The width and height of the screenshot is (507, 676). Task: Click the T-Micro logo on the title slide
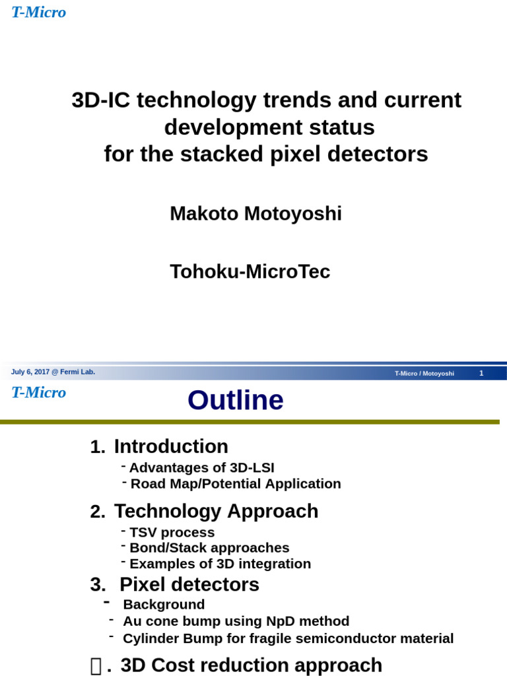pyautogui.click(x=38, y=12)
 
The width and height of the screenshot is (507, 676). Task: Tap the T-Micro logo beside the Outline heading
pyautogui.click(x=38, y=392)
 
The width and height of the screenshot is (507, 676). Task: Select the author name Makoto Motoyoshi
pyautogui.click(x=255, y=213)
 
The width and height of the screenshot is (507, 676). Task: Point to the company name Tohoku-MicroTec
pyautogui.click(x=250, y=271)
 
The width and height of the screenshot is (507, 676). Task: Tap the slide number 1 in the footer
pyautogui.click(x=481, y=373)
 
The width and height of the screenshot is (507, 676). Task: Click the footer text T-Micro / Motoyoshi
pyautogui.click(x=424, y=374)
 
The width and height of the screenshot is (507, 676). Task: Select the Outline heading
pyautogui.click(x=235, y=400)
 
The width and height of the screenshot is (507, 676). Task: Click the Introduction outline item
pyautogui.click(x=171, y=447)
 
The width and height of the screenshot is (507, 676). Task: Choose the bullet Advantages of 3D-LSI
pyautogui.click(x=201, y=467)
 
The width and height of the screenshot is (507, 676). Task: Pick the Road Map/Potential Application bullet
pyautogui.click(x=236, y=484)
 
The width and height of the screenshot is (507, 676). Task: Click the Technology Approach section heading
pyautogui.click(x=216, y=511)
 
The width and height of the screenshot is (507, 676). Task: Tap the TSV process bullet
pyautogui.click(x=172, y=532)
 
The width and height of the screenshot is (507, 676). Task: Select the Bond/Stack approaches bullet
pyautogui.click(x=209, y=548)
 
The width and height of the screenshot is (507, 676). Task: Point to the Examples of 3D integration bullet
pyautogui.click(x=220, y=564)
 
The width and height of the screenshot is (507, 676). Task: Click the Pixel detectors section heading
pyautogui.click(x=189, y=584)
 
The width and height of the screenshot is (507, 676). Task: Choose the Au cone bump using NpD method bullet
pyautogui.click(x=236, y=621)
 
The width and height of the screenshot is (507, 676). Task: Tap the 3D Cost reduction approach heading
pyautogui.click(x=251, y=665)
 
